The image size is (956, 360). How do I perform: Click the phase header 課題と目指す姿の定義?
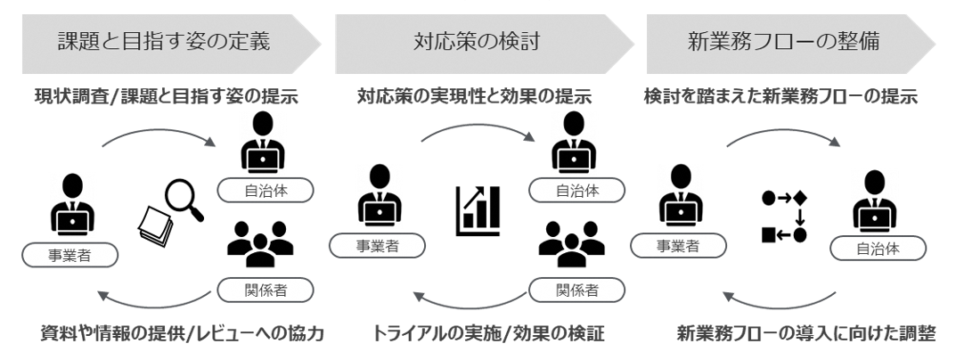[x=159, y=43]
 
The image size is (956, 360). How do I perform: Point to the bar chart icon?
[x=478, y=210]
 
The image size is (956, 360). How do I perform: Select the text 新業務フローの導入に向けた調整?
[x=805, y=335]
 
